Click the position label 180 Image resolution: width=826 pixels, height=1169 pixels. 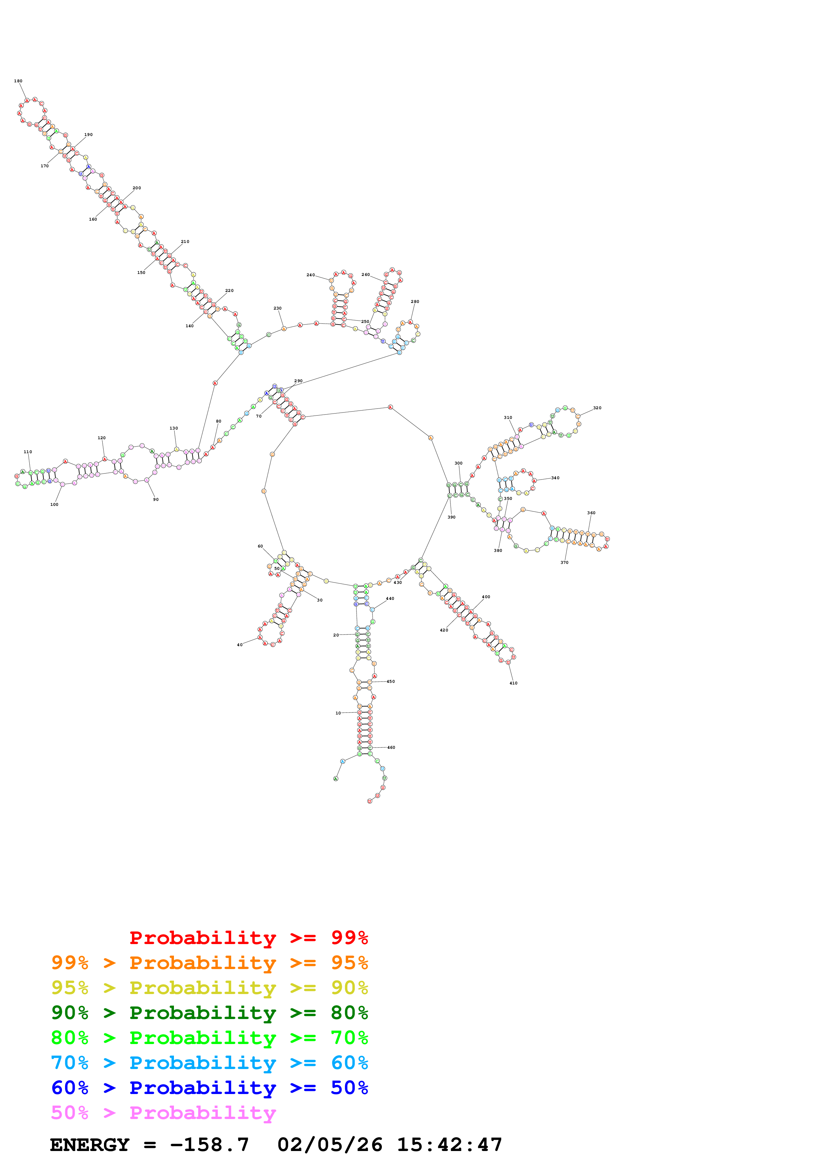pyautogui.click(x=18, y=81)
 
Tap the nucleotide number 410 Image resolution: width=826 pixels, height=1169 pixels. pyautogui.click(x=513, y=683)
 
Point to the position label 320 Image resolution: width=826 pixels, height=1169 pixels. pyautogui.click(x=597, y=408)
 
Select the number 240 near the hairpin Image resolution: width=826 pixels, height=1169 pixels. pyautogui.click(x=311, y=275)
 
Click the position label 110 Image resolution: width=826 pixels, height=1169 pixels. pyautogui.click(x=28, y=452)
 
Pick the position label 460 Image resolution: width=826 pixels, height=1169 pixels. pyautogui.click(x=391, y=747)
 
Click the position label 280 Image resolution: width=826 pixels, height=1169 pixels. pyautogui.click(x=415, y=302)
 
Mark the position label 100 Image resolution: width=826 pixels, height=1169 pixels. pyautogui.click(x=54, y=505)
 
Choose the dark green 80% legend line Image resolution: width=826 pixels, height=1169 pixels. pyautogui.click(x=209, y=1013)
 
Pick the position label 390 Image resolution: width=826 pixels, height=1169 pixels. pyautogui.click(x=451, y=517)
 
